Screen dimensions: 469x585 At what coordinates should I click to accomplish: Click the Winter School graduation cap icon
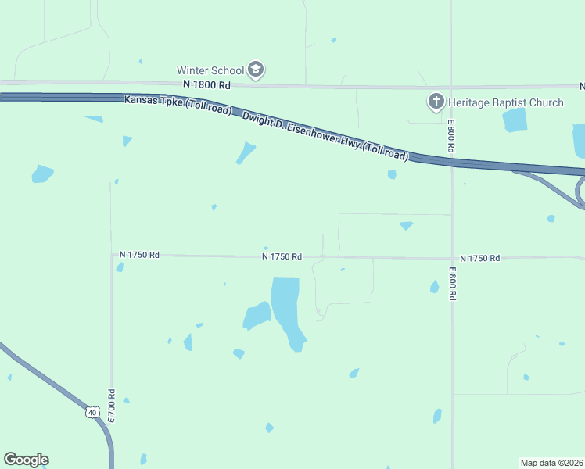[255, 70]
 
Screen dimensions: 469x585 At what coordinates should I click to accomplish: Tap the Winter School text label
[210, 70]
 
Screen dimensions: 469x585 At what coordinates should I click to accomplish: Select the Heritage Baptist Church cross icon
[436, 102]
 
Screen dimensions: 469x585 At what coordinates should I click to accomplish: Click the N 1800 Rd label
[206, 84]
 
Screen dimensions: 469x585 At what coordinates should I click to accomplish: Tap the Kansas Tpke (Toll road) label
[178, 105]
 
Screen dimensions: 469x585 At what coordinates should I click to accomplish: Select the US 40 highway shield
[92, 411]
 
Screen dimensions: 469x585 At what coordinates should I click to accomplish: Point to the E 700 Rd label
[111, 406]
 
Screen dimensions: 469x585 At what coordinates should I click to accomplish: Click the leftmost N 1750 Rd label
[140, 255]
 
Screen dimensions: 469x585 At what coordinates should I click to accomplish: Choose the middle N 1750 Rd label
[282, 256]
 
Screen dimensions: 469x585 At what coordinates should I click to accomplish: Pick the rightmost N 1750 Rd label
[479, 258]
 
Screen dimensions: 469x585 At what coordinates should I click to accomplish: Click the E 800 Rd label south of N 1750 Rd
[452, 284]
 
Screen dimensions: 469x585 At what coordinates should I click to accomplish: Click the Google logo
[26, 460]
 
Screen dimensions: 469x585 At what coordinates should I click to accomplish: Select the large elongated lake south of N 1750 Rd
[286, 310]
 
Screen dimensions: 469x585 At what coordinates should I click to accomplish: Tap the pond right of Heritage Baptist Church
[515, 120]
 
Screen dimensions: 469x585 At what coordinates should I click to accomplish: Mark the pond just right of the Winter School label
[333, 41]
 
